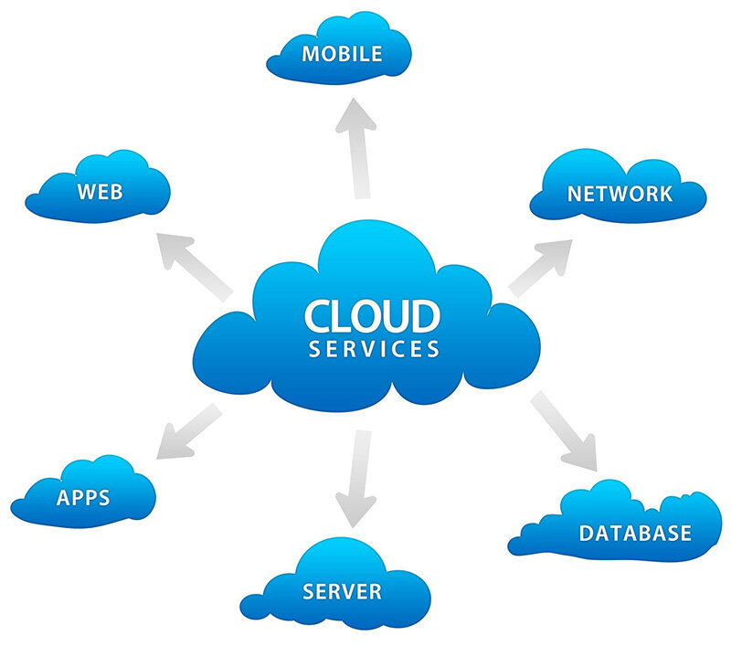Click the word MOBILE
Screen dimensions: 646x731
point(342,53)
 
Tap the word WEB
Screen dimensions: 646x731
point(101,193)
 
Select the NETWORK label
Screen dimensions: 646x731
point(620,194)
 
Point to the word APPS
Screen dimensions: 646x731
point(83,498)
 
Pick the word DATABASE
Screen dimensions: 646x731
point(635,533)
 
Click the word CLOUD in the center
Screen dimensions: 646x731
point(372,316)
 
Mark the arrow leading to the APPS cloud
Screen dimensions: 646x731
point(190,431)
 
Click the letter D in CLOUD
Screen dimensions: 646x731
point(425,316)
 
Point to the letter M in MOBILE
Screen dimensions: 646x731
point(311,53)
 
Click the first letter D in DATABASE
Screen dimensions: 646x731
point(587,533)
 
